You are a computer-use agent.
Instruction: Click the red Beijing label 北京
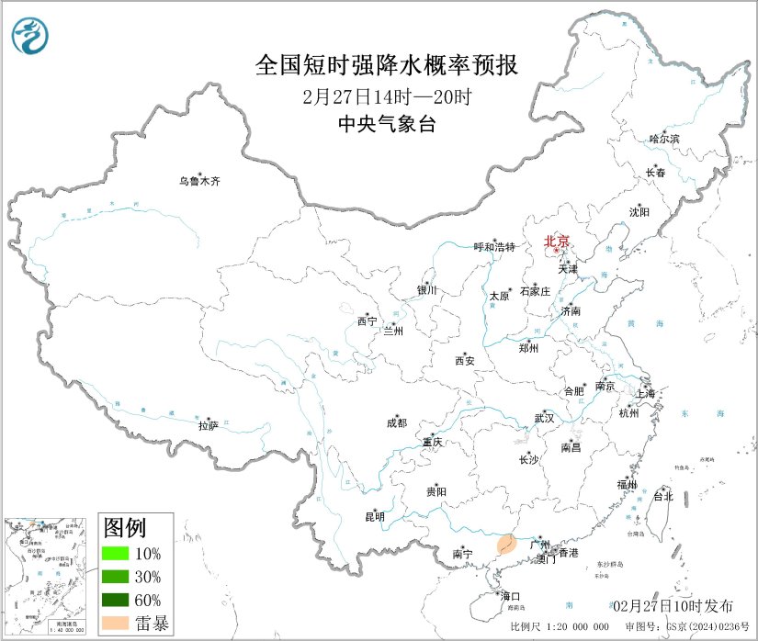(x=557, y=242)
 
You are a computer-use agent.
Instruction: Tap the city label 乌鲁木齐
(x=199, y=182)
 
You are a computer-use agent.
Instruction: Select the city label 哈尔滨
(x=663, y=140)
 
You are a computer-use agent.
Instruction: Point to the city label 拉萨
(x=209, y=425)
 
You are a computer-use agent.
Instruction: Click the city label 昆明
(x=375, y=517)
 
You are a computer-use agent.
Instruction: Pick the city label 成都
(x=397, y=423)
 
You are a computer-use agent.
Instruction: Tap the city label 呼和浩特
(x=495, y=247)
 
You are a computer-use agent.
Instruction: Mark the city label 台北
(x=662, y=496)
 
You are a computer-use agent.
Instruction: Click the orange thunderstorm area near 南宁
(x=505, y=546)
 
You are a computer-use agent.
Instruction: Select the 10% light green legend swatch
(x=116, y=554)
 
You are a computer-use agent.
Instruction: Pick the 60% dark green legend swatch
(x=116, y=600)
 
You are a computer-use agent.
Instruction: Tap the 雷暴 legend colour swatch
(x=116, y=623)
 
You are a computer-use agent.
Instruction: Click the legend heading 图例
(x=124, y=527)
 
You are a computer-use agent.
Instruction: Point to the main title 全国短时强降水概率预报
(x=386, y=66)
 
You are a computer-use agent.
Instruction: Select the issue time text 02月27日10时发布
(x=673, y=606)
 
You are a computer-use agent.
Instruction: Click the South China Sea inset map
(x=47, y=577)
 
